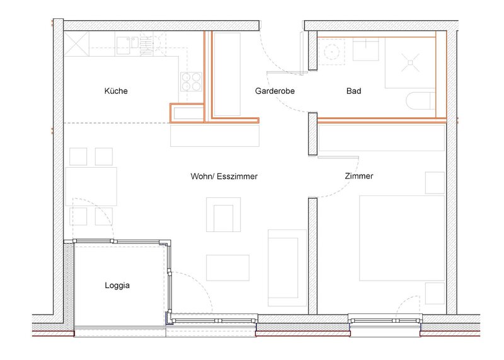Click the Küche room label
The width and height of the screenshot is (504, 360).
pos(116,91)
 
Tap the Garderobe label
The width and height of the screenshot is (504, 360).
pos(275,91)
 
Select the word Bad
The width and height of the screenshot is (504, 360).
pos(353,91)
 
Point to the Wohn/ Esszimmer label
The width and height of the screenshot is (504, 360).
pos(224,177)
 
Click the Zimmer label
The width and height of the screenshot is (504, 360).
pos(359,176)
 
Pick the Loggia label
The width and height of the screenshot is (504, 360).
pos(117,286)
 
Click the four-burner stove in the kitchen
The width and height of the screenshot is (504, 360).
pos(192,82)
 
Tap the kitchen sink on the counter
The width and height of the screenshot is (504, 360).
pos(127,45)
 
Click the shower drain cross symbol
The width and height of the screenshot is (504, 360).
pos(411,62)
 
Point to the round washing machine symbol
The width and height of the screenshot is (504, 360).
pos(331,52)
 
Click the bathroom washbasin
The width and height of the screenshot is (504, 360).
pos(366,49)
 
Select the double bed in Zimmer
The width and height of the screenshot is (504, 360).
pos(402,238)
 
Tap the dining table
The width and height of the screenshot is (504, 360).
pos(91,186)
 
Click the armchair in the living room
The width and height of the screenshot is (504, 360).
pos(224,214)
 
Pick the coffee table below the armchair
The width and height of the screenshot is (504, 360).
pos(227,268)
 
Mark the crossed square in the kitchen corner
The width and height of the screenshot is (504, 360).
pos(76,44)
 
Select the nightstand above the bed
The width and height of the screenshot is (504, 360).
pos(435,183)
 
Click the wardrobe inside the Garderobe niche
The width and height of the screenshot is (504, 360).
pos(227,74)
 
